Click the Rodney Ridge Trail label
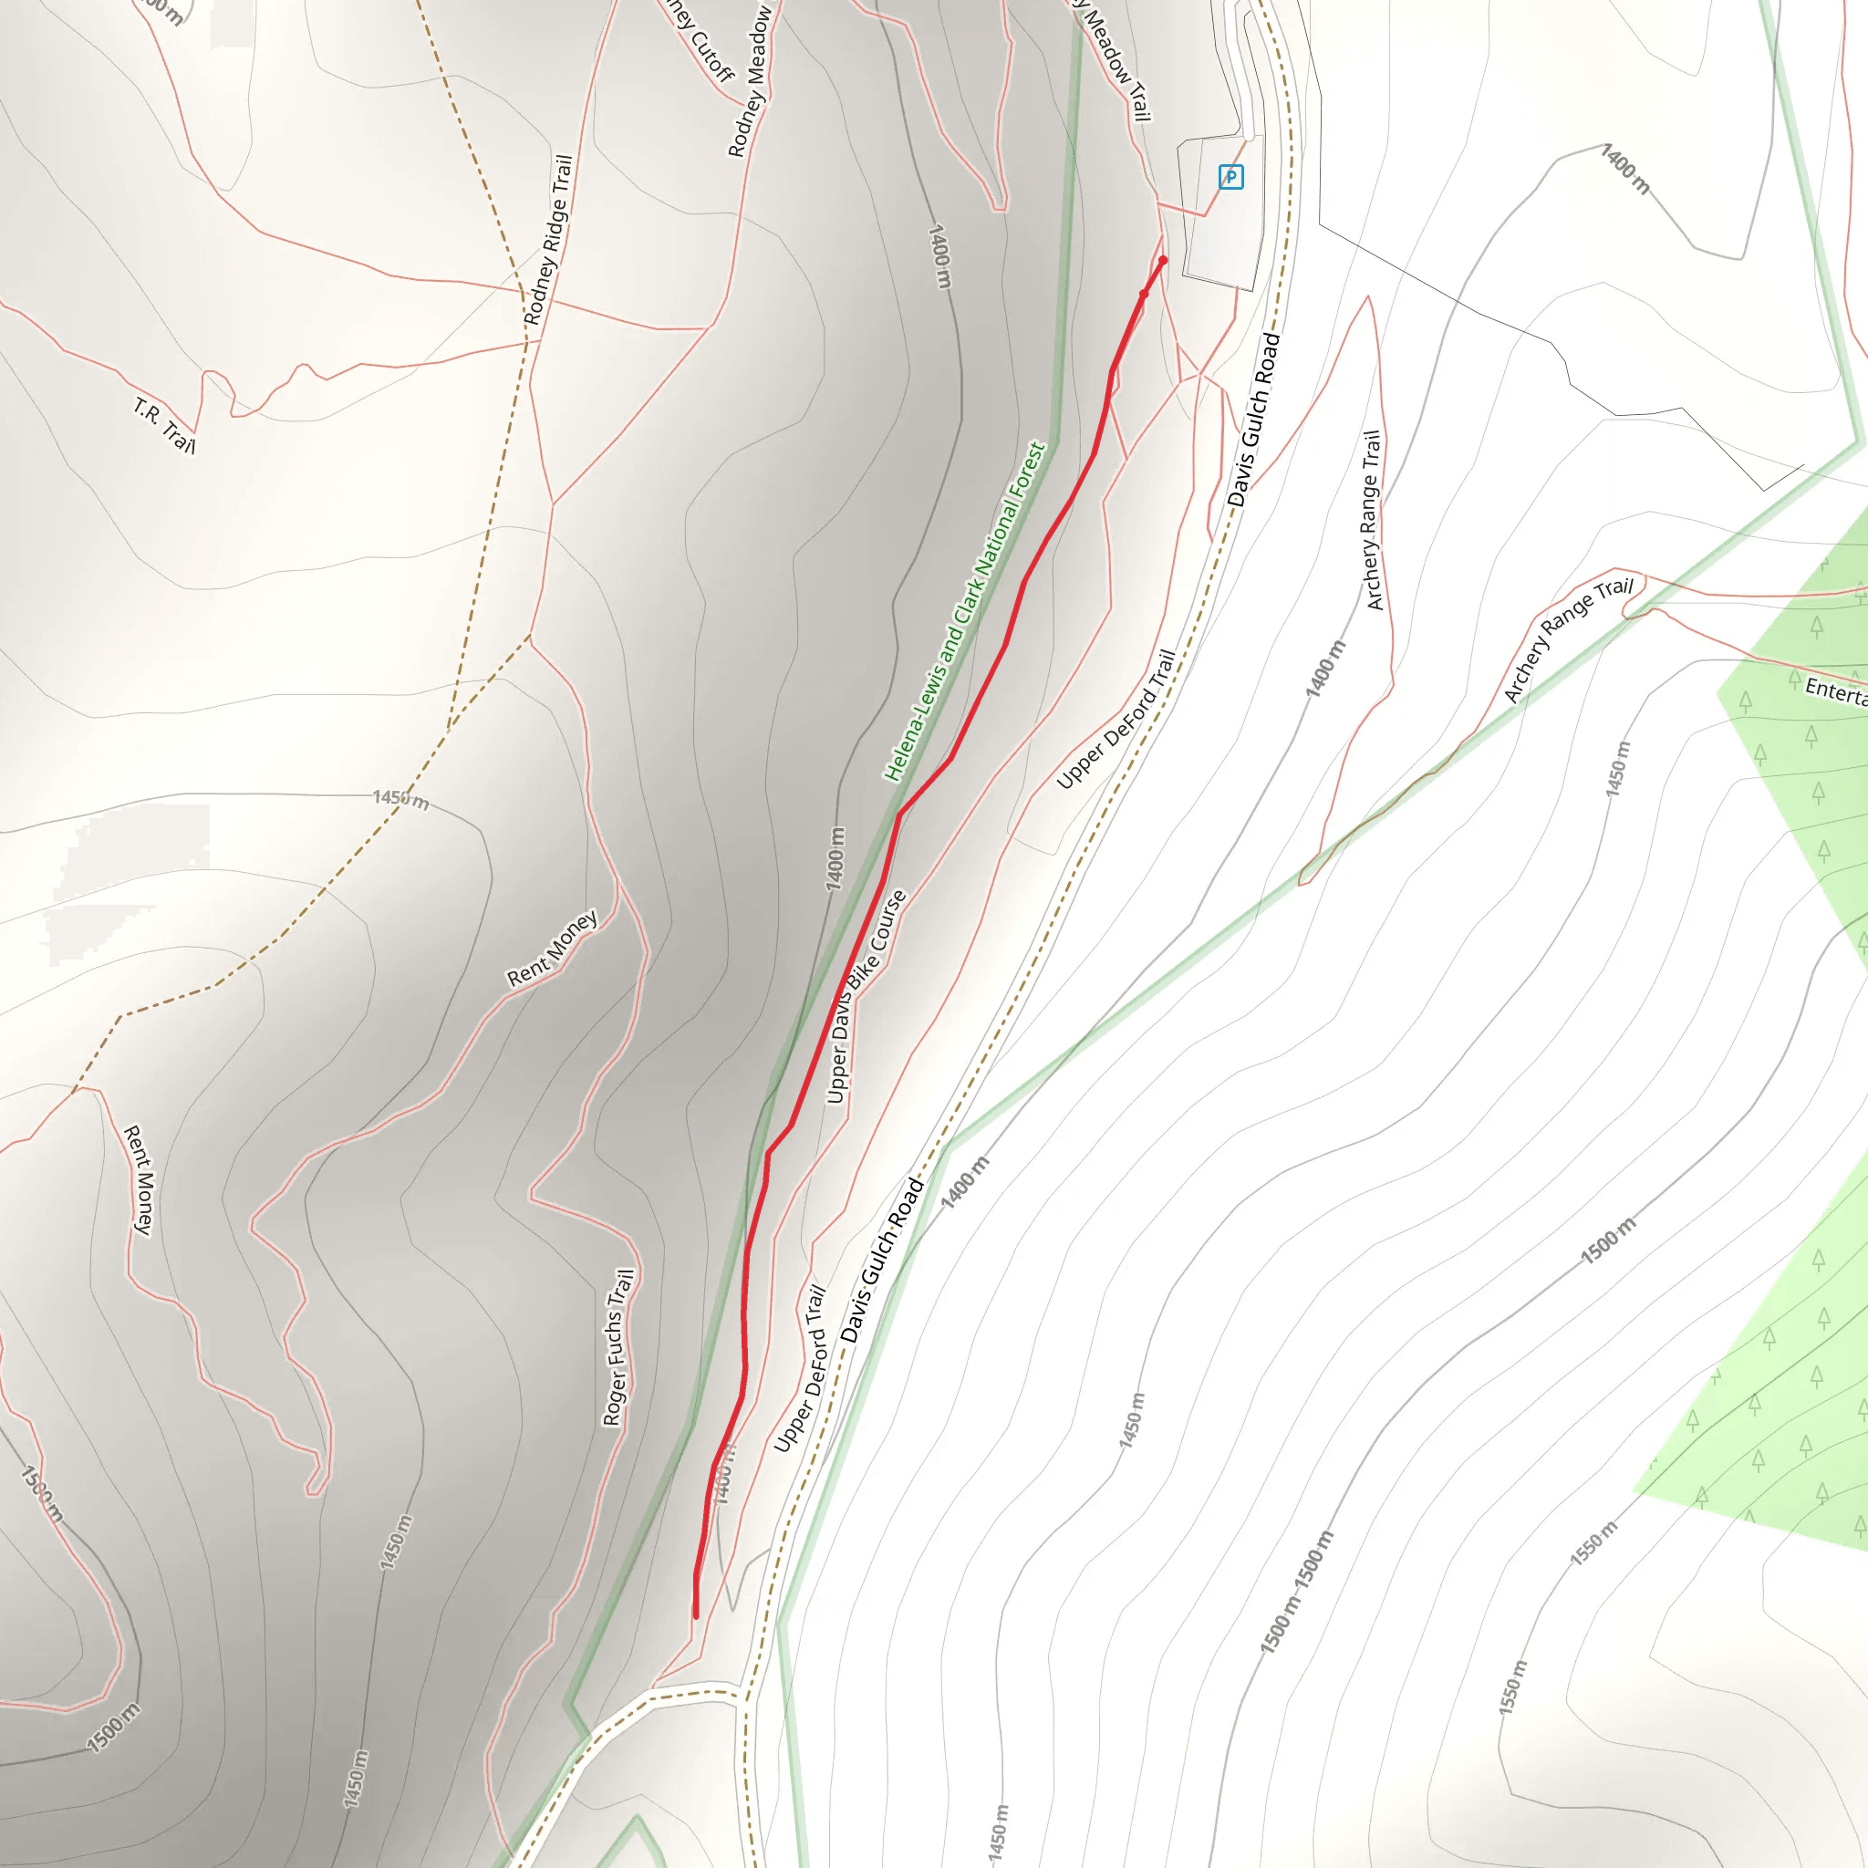pyautogui.click(x=548, y=240)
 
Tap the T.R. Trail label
pyautogui.click(x=164, y=425)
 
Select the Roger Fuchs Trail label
pyautogui.click(x=617, y=1348)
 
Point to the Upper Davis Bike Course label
pyautogui.click(x=866, y=996)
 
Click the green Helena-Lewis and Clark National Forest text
pyautogui.click(x=965, y=611)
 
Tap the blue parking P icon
pyautogui.click(x=1230, y=177)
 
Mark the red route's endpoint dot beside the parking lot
pyautogui.click(x=1162, y=260)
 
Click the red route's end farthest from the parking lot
pyautogui.click(x=695, y=1614)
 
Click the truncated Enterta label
pyautogui.click(x=1835, y=691)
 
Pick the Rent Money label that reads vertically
pyautogui.click(x=140, y=1179)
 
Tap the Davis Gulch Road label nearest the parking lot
pyautogui.click(x=1254, y=420)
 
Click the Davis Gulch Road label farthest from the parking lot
pyautogui.click(x=881, y=1260)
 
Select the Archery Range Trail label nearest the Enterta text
pyautogui.click(x=1567, y=640)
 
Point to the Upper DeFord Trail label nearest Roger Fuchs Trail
pyautogui.click(x=800, y=1368)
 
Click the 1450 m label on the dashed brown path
pyautogui.click(x=400, y=800)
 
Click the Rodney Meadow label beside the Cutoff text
pyautogui.click(x=751, y=82)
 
